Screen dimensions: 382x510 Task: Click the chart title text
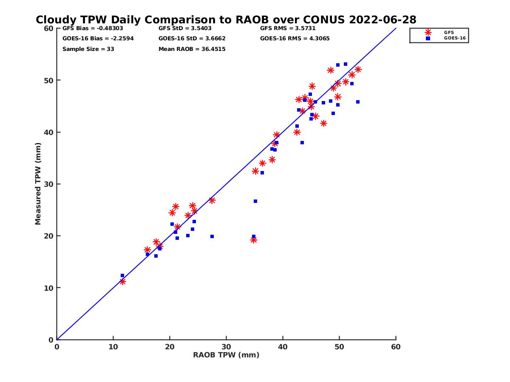(226, 20)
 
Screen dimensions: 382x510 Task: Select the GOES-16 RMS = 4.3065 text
(295, 39)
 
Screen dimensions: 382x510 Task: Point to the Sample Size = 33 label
(88, 49)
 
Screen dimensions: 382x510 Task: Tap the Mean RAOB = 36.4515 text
(192, 49)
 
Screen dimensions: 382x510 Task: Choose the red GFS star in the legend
(428, 32)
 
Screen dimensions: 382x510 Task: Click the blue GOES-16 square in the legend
(428, 38)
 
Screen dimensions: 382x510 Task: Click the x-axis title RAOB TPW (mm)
(226, 355)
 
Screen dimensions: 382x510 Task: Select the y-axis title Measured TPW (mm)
(38, 183)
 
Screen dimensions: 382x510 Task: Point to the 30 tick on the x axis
(226, 347)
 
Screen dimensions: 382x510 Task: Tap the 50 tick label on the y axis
(49, 80)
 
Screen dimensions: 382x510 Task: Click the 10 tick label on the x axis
(113, 347)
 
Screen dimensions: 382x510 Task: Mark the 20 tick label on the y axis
(49, 236)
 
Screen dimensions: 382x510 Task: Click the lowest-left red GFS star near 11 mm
(122, 281)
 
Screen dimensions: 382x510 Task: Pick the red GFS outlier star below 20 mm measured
(254, 240)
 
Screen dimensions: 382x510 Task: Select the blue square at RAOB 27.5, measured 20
(212, 236)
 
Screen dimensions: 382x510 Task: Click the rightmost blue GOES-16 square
(358, 102)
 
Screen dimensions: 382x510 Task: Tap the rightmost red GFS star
(358, 70)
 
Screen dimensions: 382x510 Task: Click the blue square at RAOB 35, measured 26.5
(255, 201)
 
